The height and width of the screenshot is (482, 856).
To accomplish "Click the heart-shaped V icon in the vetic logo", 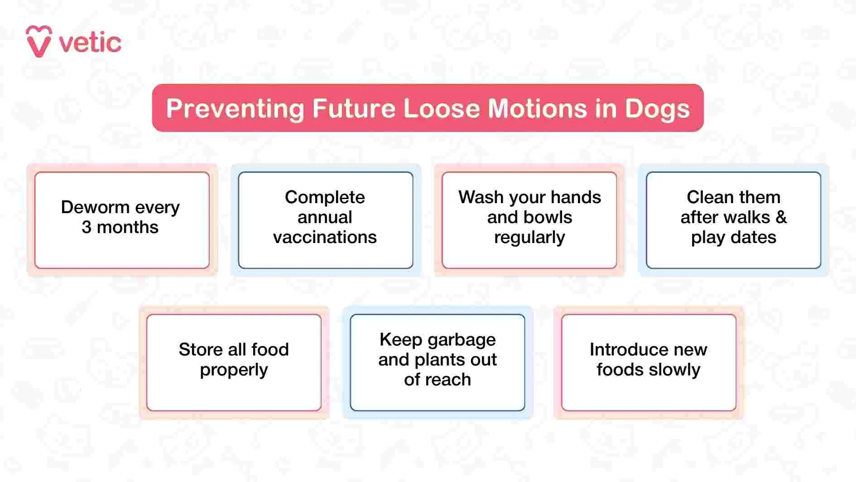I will tap(38, 41).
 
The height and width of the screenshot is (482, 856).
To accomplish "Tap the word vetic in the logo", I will tap(90, 43).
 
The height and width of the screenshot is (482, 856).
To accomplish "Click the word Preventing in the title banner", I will tap(235, 109).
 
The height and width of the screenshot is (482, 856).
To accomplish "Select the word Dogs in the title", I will tap(657, 109).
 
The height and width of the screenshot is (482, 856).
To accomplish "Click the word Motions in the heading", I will tap(537, 109).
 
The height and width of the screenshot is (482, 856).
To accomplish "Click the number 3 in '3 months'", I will tap(86, 227).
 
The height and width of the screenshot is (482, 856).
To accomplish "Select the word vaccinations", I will tap(325, 237).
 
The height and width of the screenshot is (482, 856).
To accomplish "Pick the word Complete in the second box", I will tap(325, 197).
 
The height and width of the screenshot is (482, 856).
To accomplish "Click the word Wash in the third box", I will tap(481, 197).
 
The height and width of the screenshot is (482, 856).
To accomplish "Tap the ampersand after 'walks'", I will tap(781, 217).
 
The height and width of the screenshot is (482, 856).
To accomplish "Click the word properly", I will tap(234, 370).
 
